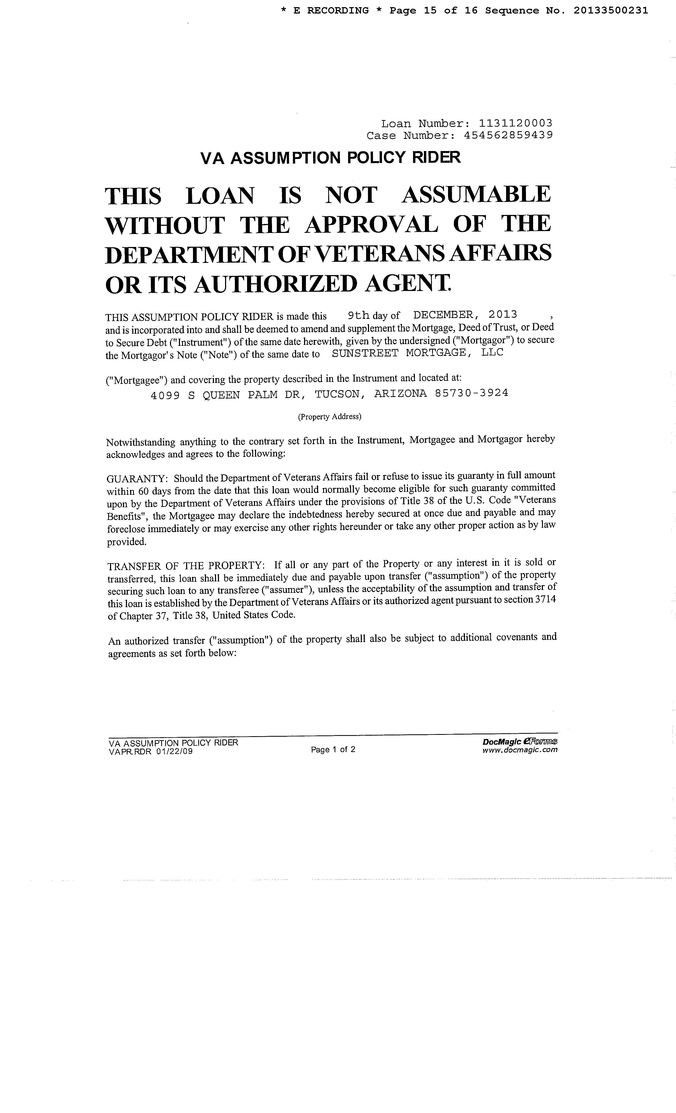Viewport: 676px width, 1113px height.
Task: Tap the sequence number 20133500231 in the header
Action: (611, 10)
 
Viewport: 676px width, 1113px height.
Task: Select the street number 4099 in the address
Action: (165, 395)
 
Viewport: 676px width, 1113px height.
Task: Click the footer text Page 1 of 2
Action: (333, 749)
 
